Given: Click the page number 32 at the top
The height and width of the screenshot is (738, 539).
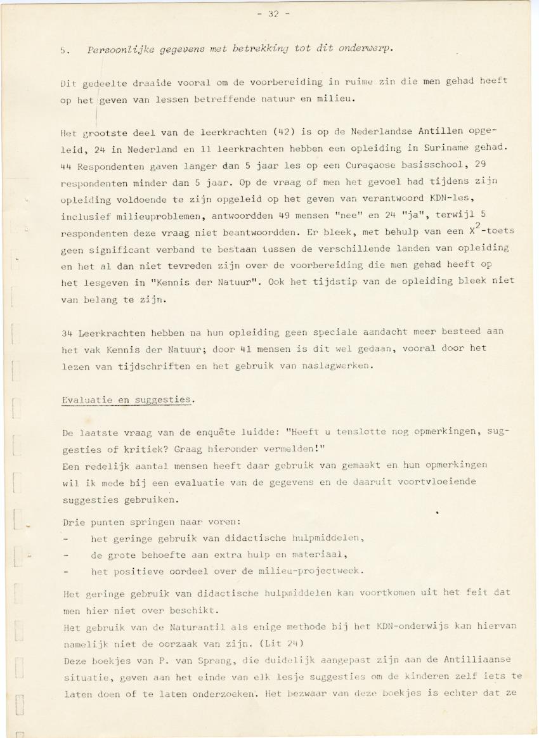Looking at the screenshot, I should point(273,15).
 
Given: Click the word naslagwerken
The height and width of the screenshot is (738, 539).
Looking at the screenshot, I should point(330,366).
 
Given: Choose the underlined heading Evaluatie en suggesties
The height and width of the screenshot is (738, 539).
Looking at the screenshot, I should point(126,399).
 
